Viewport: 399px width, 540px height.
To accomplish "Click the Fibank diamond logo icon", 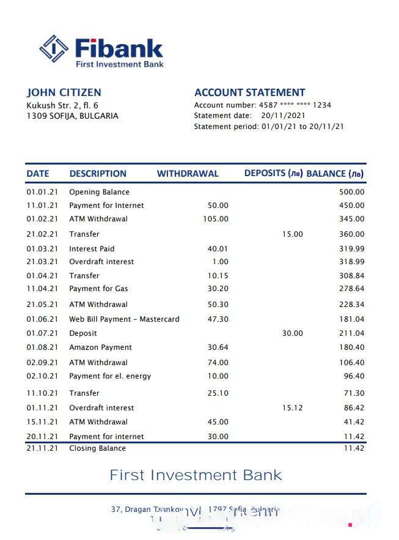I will (54, 50).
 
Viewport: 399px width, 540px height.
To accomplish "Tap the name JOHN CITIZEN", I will (64, 93).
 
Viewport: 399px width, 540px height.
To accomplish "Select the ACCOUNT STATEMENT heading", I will (249, 93).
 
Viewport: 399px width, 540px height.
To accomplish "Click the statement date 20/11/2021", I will (284, 116).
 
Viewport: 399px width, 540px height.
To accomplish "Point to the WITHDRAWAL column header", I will (187, 174).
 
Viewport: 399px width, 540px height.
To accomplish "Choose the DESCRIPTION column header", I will (98, 174).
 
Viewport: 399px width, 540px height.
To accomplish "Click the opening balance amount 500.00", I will (351, 192).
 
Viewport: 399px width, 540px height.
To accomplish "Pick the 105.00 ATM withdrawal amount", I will (216, 219).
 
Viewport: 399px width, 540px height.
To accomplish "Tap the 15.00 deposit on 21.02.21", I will (292, 234).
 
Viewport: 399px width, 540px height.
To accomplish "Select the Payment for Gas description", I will (98, 289).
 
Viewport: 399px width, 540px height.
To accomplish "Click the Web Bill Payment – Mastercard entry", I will (124, 319).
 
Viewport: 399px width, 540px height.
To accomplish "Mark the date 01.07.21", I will (42, 333).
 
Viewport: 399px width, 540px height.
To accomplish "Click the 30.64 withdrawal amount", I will (218, 347).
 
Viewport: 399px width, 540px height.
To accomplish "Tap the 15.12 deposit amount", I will (292, 408).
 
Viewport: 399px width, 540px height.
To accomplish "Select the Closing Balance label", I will (97, 448).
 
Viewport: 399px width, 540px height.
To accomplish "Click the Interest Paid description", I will (92, 249).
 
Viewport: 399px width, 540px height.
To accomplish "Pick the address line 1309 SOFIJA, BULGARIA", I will (72, 116).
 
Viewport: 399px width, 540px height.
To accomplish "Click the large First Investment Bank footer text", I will (196, 475).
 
